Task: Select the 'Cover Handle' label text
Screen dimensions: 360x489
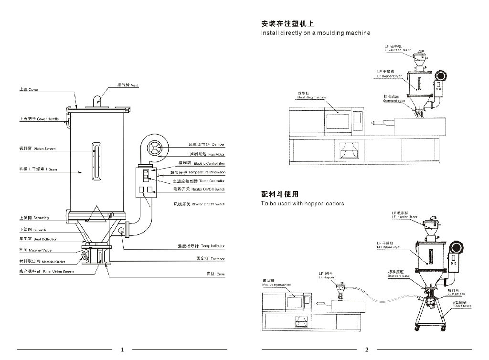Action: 39,119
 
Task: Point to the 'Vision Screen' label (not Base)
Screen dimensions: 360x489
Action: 37,149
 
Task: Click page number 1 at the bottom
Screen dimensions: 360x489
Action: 123,349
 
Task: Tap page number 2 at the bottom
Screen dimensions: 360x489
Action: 367,349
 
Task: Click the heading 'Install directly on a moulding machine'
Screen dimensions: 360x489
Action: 316,33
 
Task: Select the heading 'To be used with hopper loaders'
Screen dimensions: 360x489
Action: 302,204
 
